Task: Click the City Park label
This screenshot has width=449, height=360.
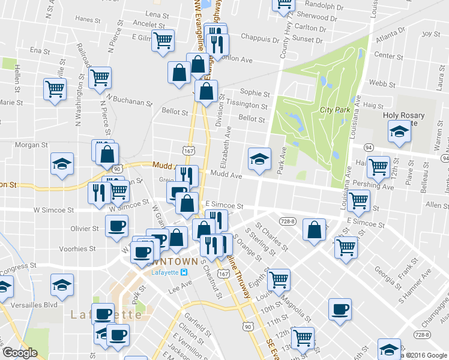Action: pos(335,110)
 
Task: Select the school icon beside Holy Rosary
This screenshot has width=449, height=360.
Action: pos(398,130)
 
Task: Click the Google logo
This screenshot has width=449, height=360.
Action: pos(20,353)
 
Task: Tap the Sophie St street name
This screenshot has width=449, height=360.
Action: pos(255,93)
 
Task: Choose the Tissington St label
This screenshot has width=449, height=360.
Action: pos(247,106)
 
